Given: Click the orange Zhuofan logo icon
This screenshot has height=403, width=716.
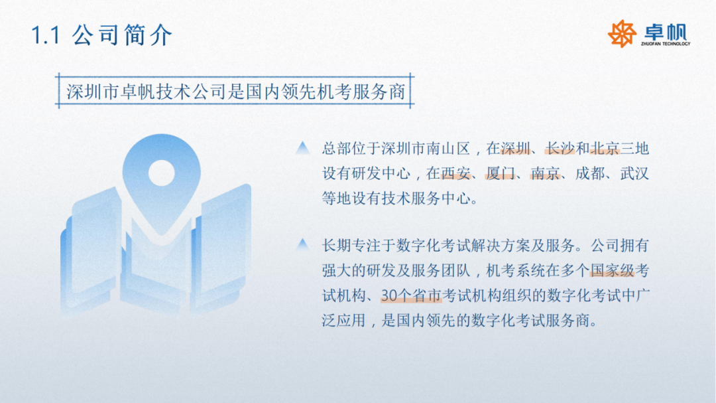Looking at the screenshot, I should coord(622,34).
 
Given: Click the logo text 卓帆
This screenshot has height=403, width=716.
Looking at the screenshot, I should coord(664,31).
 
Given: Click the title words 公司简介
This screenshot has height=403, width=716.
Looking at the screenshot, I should coord(122,35).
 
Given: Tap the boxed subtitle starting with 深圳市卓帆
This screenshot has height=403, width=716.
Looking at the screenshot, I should coord(235,91).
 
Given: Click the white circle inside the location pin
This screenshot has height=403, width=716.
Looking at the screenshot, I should coord(160,173).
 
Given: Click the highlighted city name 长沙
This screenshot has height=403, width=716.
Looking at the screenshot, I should coord(560,149).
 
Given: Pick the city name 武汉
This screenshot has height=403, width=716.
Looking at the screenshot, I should coord(633,174).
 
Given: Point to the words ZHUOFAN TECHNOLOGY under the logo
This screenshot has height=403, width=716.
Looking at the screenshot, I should coord(665,44).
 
